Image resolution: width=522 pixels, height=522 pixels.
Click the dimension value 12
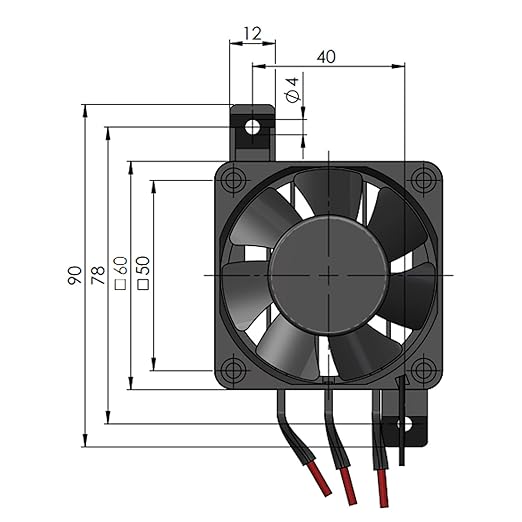(251, 32)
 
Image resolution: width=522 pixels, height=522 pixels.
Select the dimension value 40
(326, 57)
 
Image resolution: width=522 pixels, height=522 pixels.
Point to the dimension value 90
(74, 276)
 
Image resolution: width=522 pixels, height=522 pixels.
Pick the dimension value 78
(97, 276)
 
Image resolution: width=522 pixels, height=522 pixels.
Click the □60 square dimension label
(120, 274)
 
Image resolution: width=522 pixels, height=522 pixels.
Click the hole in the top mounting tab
(252, 127)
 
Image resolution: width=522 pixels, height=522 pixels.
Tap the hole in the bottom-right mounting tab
(404, 424)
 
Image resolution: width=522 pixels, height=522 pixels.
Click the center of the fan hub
(329, 274)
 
